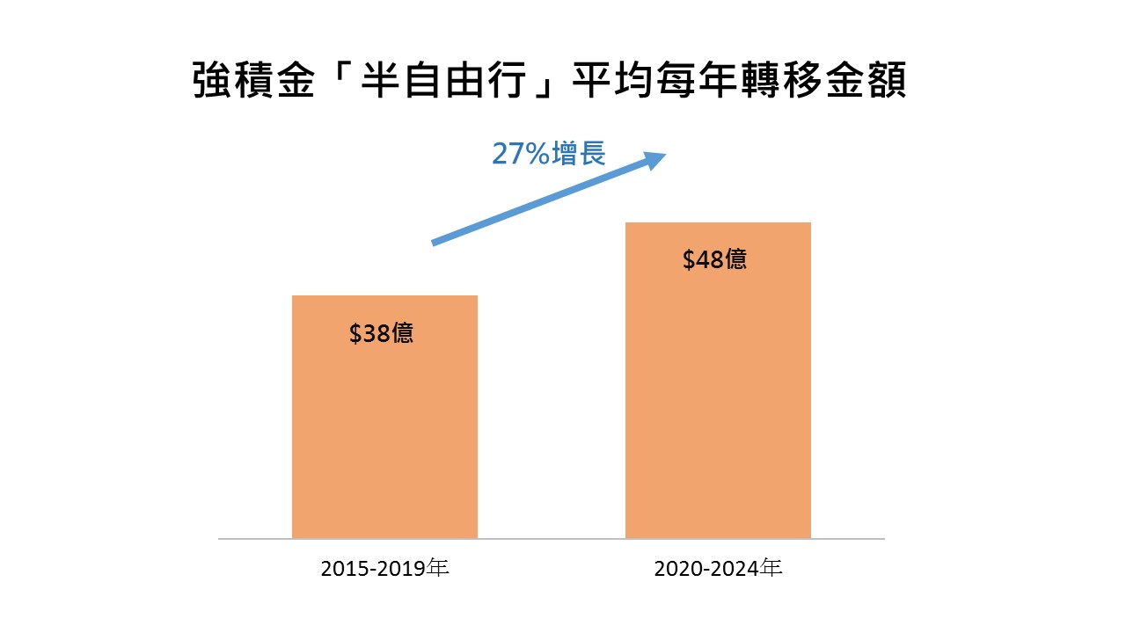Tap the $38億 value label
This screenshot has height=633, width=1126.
pyautogui.click(x=381, y=334)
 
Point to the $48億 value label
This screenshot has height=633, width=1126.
pyautogui.click(x=714, y=260)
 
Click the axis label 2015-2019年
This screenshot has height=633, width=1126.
pyautogui.click(x=385, y=569)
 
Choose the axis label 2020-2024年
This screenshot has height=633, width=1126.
pyautogui.click(x=718, y=569)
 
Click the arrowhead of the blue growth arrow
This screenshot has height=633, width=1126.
pyautogui.click(x=654, y=158)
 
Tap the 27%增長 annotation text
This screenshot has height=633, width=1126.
pyautogui.click(x=548, y=155)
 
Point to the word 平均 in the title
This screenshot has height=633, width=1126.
pyautogui.click(x=608, y=81)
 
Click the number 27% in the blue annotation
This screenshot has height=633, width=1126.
pyautogui.click(x=521, y=155)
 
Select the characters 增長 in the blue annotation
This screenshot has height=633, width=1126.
pyautogui.click(x=579, y=155)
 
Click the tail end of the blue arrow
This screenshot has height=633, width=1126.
pyautogui.click(x=435, y=242)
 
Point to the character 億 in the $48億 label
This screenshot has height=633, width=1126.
pyautogui.click(x=735, y=260)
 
